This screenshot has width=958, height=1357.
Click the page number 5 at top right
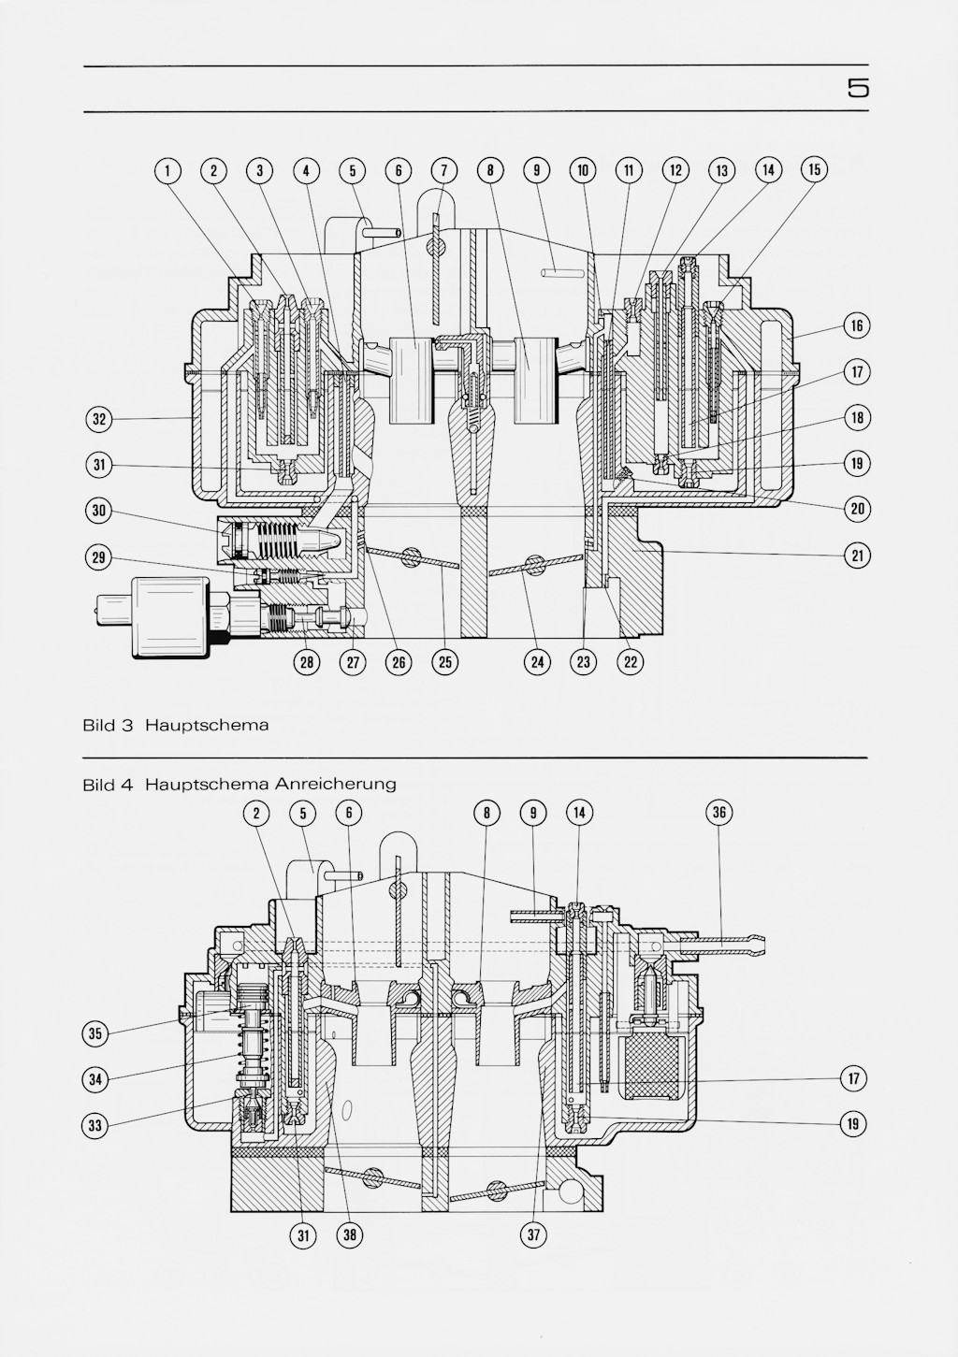(858, 89)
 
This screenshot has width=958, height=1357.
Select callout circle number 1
(167, 170)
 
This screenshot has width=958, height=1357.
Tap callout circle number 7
(444, 170)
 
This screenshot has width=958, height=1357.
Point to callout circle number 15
(814, 169)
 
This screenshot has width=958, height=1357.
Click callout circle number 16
(857, 325)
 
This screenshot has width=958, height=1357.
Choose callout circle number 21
(857, 556)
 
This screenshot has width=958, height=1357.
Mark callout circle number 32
(98, 419)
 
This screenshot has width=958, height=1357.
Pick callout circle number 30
(98, 511)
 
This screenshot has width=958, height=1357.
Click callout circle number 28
(306, 662)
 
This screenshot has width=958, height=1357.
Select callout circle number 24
(537, 662)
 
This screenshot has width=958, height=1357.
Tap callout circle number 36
(718, 812)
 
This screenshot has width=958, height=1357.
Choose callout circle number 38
(349, 1235)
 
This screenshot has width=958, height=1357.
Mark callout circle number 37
(533, 1235)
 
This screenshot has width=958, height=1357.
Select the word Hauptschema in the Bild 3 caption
(206, 726)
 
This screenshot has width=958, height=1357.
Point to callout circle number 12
(675, 170)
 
